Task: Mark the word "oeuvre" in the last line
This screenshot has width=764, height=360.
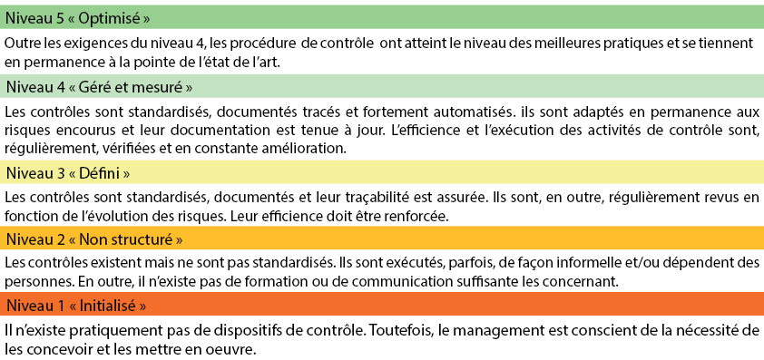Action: click(x=220, y=346)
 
